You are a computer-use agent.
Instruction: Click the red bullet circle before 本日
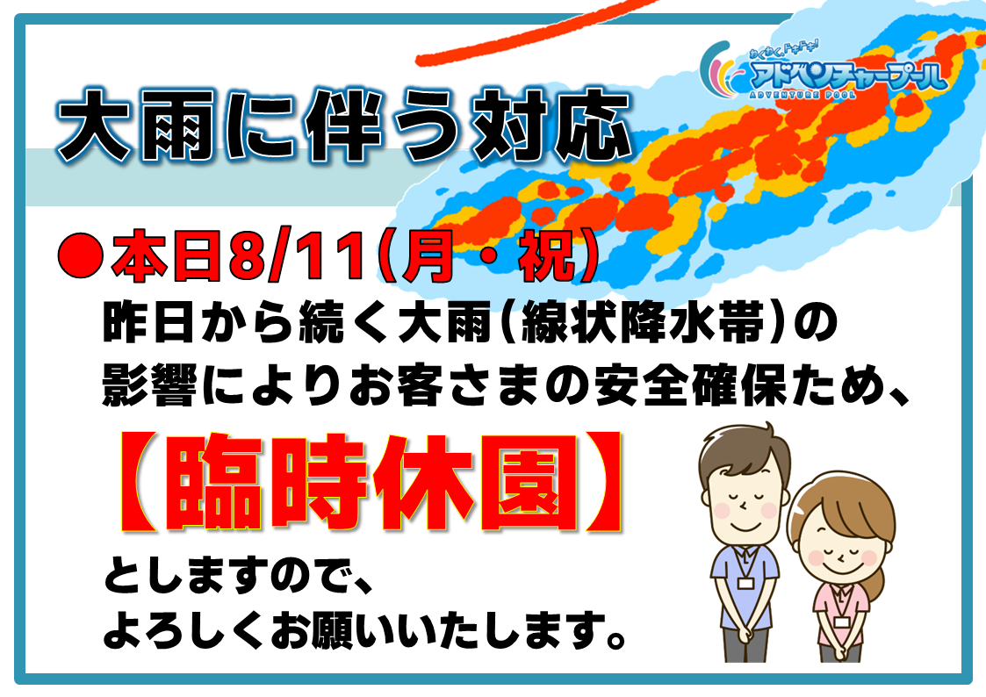tap(80, 255)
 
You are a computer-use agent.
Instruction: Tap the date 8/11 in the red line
tap(298, 256)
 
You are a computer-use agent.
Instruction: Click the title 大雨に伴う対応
tap(343, 126)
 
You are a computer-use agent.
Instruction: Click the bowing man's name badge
tap(745, 583)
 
